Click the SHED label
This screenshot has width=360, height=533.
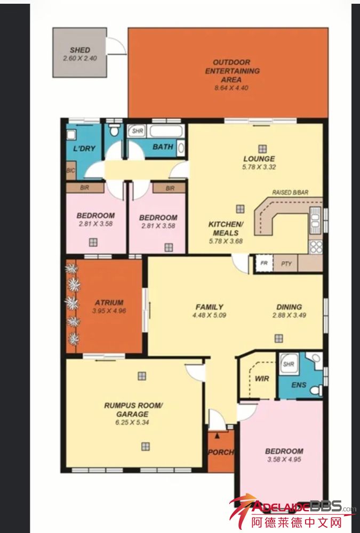(79, 50)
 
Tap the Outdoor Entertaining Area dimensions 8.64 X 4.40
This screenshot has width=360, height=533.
(231, 88)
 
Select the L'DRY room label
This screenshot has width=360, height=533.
(84, 148)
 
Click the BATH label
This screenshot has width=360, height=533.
(163, 147)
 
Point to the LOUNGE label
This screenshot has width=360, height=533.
(259, 158)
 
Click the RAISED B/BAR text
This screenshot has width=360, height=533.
(290, 192)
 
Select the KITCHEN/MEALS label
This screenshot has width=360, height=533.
(226, 229)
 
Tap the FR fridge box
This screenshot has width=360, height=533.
(264, 263)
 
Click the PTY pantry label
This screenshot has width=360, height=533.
(286, 263)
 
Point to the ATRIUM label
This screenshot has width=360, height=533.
(109, 302)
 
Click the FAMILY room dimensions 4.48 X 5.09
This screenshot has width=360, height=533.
(209, 315)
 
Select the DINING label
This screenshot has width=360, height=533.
(289, 306)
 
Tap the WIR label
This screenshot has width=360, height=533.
(262, 378)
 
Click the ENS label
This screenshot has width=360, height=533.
(299, 385)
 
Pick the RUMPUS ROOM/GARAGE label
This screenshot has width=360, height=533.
(133, 409)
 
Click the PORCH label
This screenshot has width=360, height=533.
(221, 452)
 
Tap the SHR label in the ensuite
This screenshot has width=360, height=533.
(288, 364)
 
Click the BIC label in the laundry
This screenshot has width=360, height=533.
(70, 170)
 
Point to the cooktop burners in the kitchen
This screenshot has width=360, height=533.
(316, 247)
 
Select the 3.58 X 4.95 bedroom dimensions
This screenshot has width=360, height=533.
(284, 459)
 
